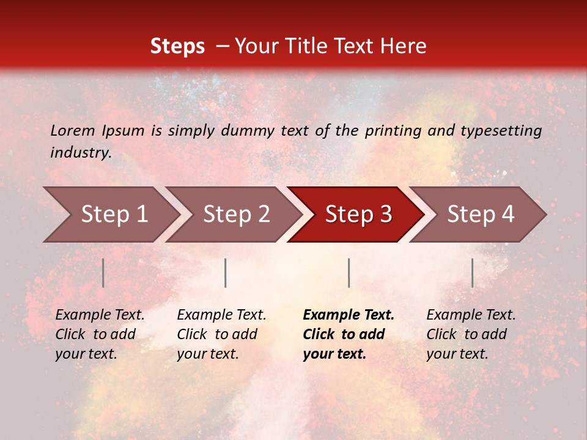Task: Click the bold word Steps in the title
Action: [x=177, y=46]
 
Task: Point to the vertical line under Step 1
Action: [x=103, y=273]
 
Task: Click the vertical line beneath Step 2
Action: [x=226, y=273]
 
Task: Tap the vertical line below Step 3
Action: [x=349, y=273]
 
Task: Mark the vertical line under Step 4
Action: [x=473, y=273]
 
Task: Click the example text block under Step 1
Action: [x=100, y=334]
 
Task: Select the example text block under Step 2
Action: [x=221, y=334]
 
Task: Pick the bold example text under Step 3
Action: [x=349, y=334]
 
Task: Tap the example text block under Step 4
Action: [x=471, y=334]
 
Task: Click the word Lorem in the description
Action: [x=73, y=131]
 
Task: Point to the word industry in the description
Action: [x=80, y=153]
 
